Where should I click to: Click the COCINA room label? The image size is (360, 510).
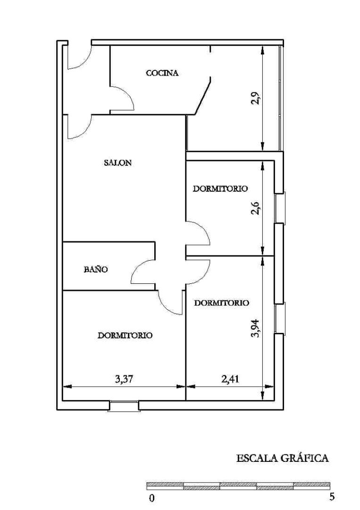(x=162, y=73)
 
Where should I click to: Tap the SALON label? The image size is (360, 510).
(x=117, y=162)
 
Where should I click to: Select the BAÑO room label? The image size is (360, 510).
(x=96, y=269)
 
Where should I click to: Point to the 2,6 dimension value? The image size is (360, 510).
(x=255, y=208)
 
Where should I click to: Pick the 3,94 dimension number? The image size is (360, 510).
(x=256, y=329)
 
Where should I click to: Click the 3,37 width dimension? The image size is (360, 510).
(x=124, y=379)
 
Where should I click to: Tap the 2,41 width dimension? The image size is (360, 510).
(x=230, y=379)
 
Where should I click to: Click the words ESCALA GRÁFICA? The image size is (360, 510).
(x=282, y=458)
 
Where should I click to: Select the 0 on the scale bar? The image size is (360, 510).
(x=151, y=498)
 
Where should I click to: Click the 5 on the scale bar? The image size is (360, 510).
(x=332, y=497)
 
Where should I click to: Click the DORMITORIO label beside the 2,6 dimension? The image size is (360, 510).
(x=220, y=188)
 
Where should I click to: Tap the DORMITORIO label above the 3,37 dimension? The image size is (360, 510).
(x=125, y=335)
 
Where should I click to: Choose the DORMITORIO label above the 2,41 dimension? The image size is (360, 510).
(x=222, y=303)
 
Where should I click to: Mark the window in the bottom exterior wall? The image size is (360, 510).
(x=124, y=406)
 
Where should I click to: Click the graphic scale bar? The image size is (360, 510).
(x=238, y=486)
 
